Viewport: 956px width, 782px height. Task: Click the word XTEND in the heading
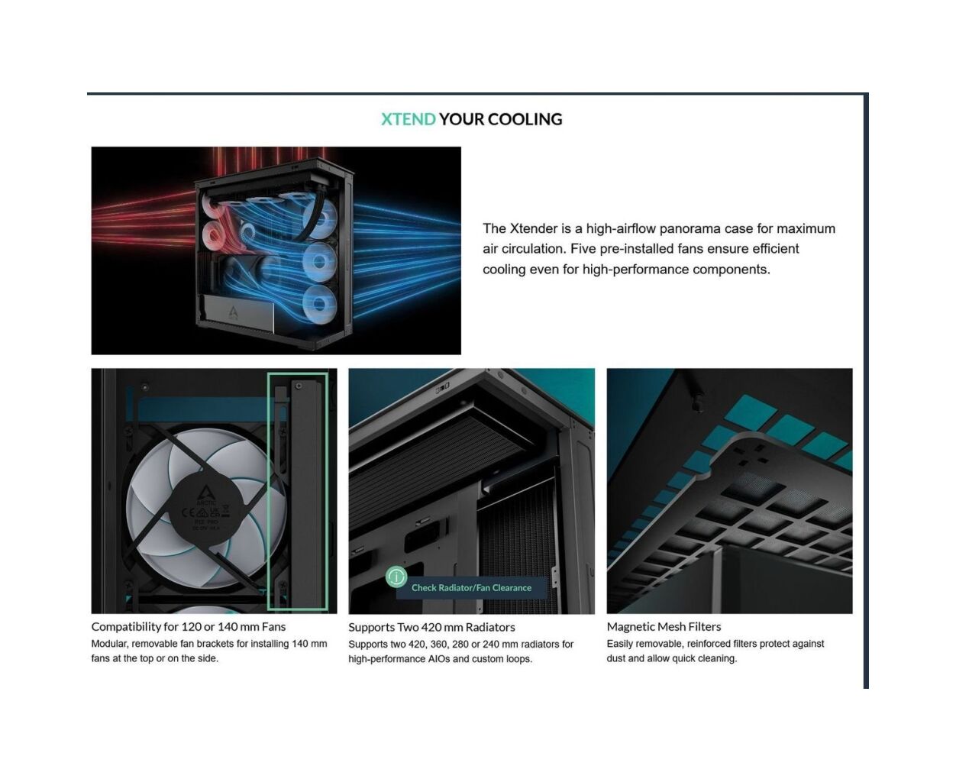coord(408,119)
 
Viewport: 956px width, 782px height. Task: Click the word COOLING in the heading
coord(525,119)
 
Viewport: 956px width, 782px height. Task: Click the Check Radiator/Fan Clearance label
coord(471,587)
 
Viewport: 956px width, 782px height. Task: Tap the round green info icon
coord(396,577)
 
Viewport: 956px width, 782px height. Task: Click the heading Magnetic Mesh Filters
coord(664,626)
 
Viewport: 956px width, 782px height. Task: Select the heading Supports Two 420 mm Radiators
coord(431,628)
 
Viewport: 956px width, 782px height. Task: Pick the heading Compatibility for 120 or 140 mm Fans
coord(189,627)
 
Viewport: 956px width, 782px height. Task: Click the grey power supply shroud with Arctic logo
coord(238,313)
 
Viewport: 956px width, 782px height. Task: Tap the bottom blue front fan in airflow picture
coord(320,303)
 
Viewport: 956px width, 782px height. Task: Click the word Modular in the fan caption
coord(109,644)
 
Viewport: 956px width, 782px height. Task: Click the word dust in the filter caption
coord(616,658)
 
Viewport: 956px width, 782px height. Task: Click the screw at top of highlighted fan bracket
coord(299,386)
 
